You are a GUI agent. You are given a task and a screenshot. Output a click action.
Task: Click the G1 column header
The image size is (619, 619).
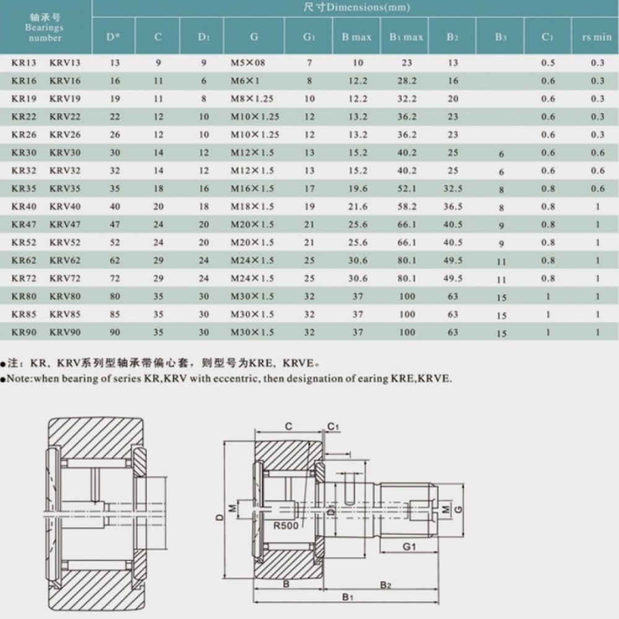pos(309,37)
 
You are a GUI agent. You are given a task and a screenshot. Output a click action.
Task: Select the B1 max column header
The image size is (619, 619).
pos(406,37)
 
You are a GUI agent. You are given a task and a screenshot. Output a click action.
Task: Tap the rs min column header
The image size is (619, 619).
pos(597,37)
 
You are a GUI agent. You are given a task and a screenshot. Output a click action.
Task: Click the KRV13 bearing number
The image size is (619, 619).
pos(65,63)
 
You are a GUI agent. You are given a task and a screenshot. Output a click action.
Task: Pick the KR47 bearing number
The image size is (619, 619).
pos(24,225)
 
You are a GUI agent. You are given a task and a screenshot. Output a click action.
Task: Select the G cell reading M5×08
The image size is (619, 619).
pos(248,63)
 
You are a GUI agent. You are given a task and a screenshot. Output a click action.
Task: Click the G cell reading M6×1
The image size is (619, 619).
pos(245,81)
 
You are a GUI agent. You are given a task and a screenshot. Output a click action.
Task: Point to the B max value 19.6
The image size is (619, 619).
pos(358,189)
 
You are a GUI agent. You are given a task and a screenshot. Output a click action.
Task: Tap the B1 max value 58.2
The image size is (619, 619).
pos(407,207)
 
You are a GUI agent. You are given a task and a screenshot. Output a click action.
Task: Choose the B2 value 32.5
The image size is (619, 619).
pos(453,189)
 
